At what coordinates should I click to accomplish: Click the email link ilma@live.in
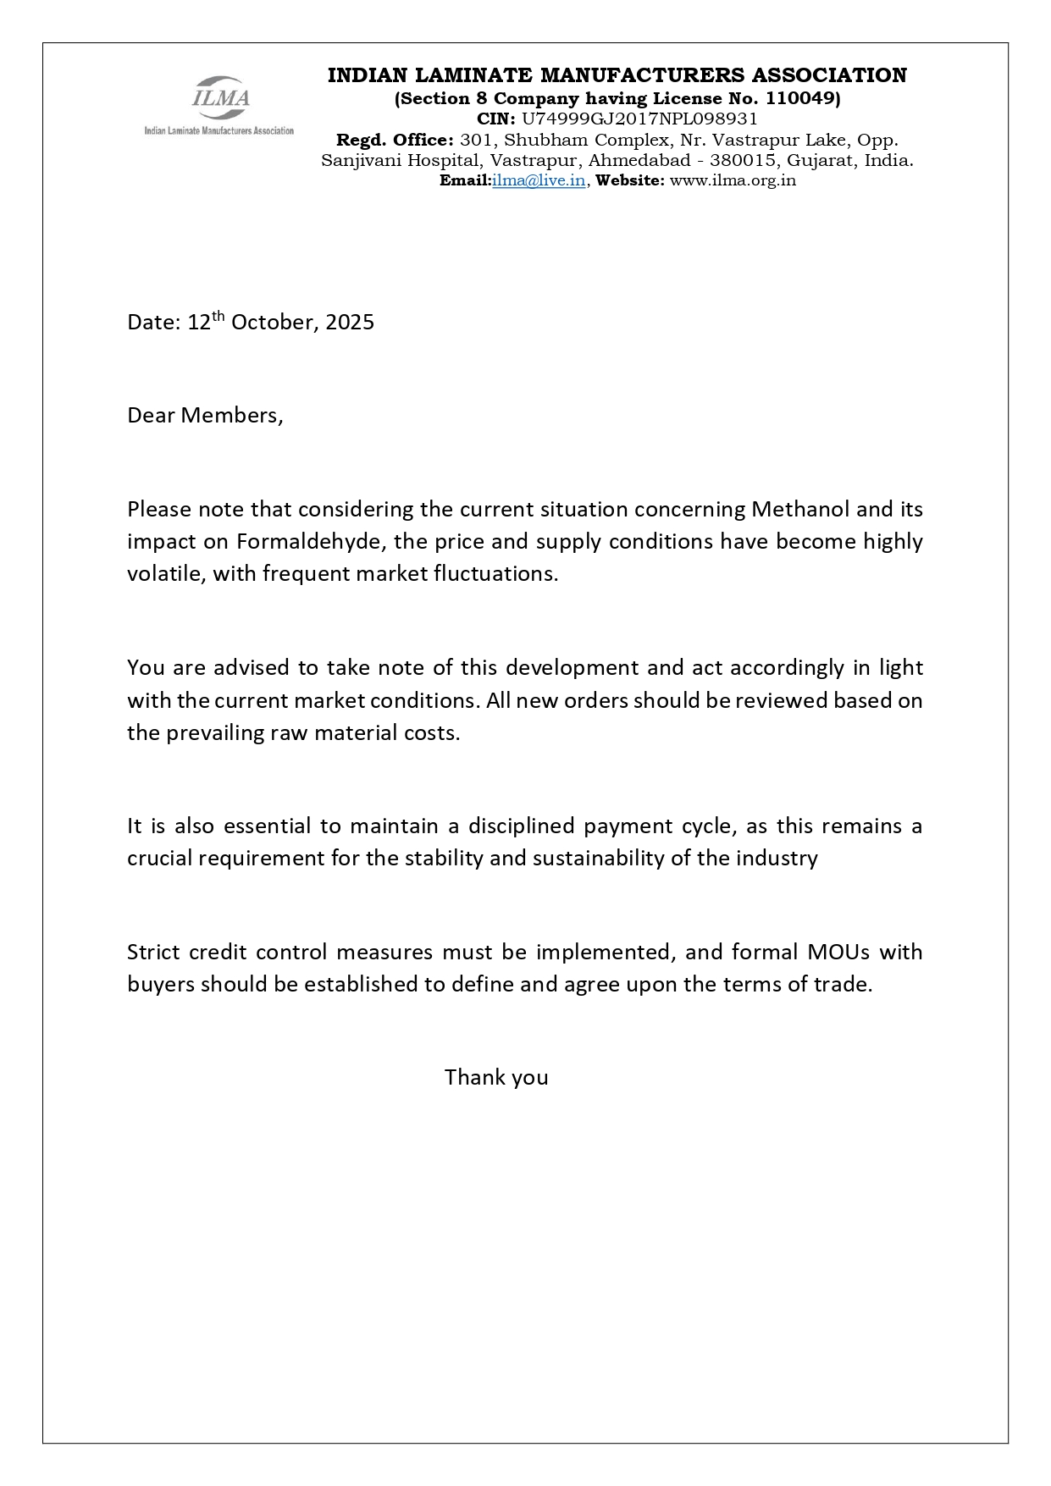pyautogui.click(x=539, y=180)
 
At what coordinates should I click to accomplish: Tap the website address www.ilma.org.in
pyautogui.click(x=733, y=180)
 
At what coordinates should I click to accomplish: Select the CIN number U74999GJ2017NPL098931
pyautogui.click(x=639, y=119)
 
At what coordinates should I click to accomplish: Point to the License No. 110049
pyautogui.click(x=804, y=98)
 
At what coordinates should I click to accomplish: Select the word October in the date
pyautogui.click(x=271, y=323)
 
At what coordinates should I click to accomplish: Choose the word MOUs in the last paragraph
pyautogui.click(x=838, y=953)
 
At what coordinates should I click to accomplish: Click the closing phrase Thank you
pyautogui.click(x=496, y=1078)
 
